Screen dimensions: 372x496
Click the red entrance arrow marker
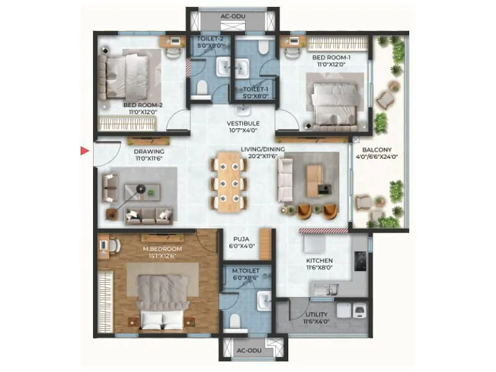tap(85, 150)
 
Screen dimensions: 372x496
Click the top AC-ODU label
tap(232, 17)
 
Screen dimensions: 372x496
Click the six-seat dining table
tap(229, 180)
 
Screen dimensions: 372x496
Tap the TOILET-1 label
tap(254, 92)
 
